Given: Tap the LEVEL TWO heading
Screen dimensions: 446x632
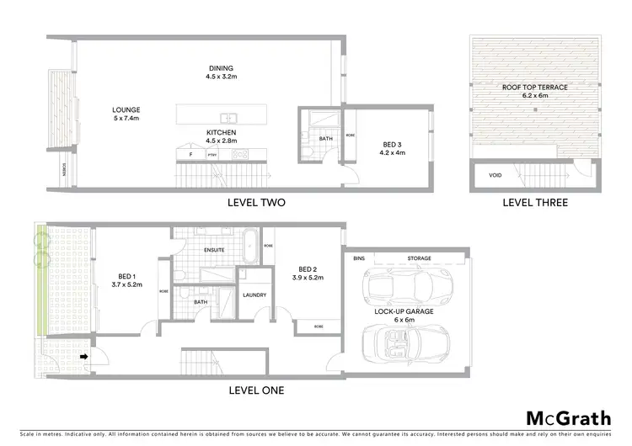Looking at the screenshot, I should pos(257,203).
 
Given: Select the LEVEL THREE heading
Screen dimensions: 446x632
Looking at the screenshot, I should pos(534,203).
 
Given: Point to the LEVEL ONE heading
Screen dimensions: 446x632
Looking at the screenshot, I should pos(256,390).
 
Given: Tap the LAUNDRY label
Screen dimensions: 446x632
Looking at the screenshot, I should pos(254,295).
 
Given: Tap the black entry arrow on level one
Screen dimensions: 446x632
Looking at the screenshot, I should pos(83,356).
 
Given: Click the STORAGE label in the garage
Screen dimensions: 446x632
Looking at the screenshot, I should pos(420,258).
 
